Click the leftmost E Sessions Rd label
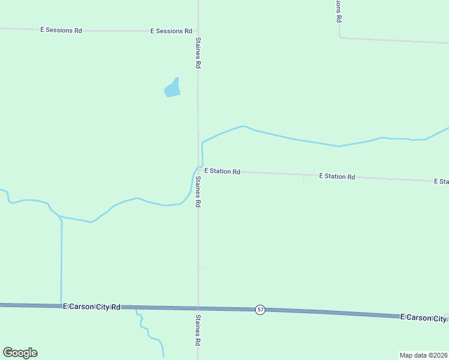click(61, 30)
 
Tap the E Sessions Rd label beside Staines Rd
click(171, 31)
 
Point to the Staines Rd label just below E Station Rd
click(197, 192)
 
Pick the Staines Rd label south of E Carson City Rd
click(197, 329)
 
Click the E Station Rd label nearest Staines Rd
click(222, 172)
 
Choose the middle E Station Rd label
click(337, 176)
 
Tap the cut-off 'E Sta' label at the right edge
click(441, 181)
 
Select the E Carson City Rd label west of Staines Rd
click(92, 307)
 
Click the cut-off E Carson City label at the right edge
click(424, 317)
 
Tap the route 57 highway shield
click(259, 310)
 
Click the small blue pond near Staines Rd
click(172, 88)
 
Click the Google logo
click(20, 353)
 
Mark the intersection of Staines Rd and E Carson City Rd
click(198, 308)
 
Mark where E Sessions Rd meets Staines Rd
click(198, 31)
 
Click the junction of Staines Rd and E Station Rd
click(198, 170)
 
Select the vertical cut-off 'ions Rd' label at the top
click(339, 11)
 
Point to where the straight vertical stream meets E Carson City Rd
click(61, 305)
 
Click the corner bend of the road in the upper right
click(340, 37)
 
